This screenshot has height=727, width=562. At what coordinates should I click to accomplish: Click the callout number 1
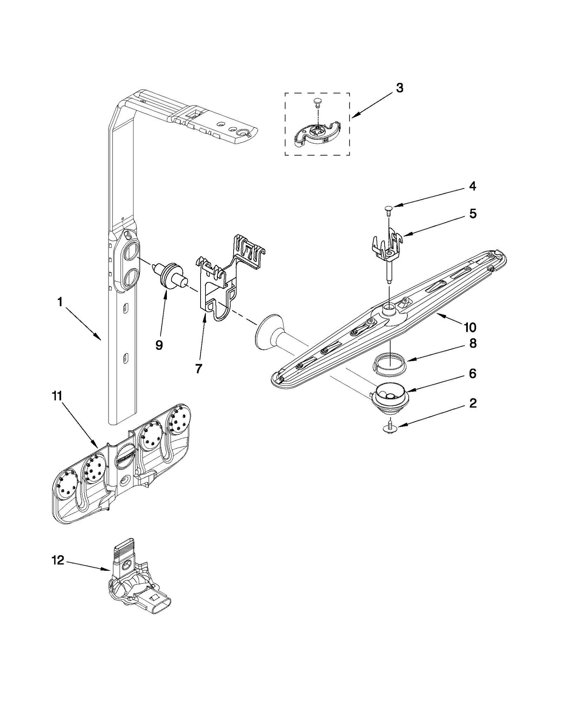(x=60, y=302)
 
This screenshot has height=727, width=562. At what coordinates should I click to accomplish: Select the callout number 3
(x=399, y=88)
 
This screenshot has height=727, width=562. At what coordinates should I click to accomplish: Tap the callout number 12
(x=58, y=560)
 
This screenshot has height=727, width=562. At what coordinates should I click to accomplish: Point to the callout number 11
(x=57, y=396)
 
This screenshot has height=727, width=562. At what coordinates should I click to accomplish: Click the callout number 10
(x=470, y=327)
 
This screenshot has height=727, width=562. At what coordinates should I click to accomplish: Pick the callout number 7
(x=198, y=368)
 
